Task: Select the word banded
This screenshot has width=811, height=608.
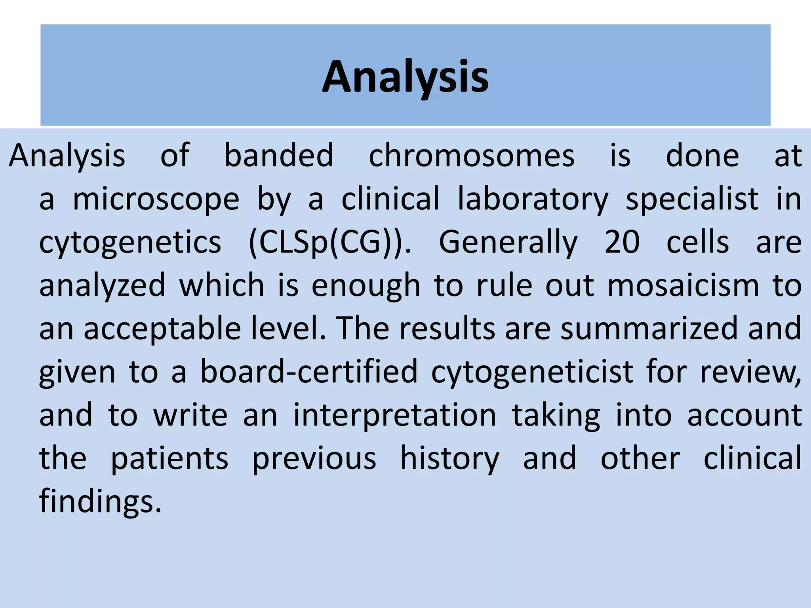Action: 279,156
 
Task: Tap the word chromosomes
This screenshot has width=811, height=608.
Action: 472,156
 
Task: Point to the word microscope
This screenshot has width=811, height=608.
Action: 156,199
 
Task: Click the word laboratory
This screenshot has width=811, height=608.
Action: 533,199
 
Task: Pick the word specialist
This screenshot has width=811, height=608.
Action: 692,199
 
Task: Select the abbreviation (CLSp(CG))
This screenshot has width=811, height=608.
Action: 330,242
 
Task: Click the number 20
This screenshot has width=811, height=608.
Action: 622,242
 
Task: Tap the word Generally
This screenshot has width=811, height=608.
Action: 508,242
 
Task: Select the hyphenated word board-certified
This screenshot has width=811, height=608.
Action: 309,372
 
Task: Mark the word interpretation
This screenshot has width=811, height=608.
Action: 395,415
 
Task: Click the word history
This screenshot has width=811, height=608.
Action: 450,458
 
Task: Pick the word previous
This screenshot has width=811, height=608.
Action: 314,458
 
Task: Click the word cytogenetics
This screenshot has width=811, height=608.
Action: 130,242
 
